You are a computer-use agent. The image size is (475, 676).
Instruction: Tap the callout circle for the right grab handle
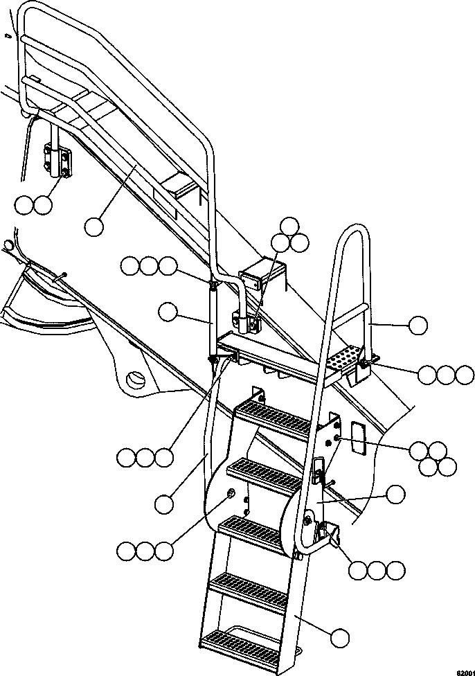(418, 324)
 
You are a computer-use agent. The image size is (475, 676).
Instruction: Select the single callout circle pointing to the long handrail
(95, 225)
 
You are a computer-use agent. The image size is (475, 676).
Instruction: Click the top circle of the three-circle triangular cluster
(290, 225)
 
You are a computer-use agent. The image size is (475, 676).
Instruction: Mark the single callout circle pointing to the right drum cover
(395, 494)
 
